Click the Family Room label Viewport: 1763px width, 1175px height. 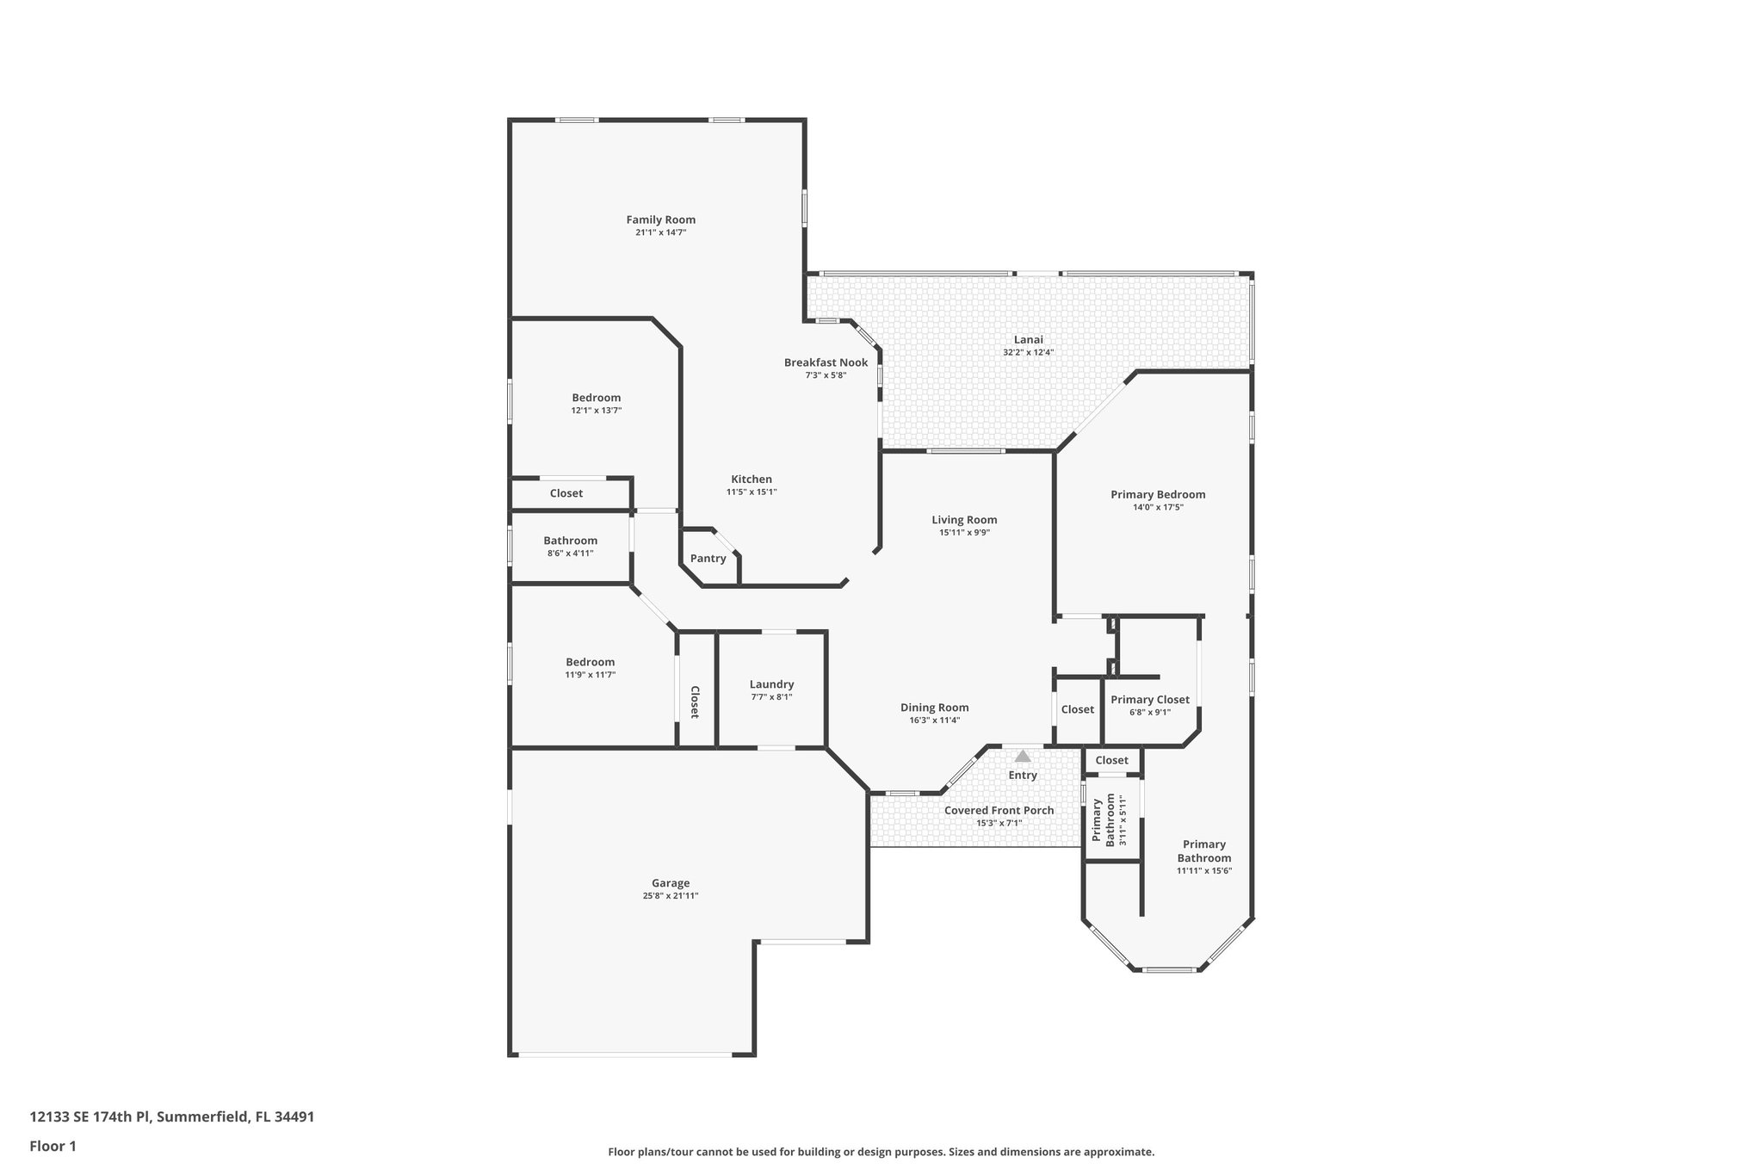[x=660, y=220]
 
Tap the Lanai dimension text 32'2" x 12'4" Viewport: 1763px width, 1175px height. [x=1028, y=353]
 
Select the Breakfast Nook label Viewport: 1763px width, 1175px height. [x=826, y=362]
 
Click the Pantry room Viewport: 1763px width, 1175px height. [x=708, y=559]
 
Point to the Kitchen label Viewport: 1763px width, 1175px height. [x=752, y=479]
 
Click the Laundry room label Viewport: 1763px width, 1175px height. [x=771, y=684]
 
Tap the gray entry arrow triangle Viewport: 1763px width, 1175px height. [x=1023, y=757]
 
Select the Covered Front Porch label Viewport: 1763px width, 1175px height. [x=999, y=810]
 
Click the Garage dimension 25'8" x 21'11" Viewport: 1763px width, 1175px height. [x=670, y=896]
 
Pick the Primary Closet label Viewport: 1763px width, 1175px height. [x=1149, y=700]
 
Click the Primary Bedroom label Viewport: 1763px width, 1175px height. [x=1157, y=494]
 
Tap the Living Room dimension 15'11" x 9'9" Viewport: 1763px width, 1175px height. [x=964, y=533]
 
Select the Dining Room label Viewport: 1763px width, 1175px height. [x=934, y=708]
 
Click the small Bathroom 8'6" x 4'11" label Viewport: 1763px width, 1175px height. [x=570, y=541]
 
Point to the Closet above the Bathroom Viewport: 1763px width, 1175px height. [x=566, y=493]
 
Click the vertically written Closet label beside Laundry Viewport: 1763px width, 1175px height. [x=695, y=702]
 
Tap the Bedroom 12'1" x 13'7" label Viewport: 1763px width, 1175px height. [x=596, y=398]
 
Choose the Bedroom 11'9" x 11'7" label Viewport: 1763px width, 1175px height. [x=590, y=662]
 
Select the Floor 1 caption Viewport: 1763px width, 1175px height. [x=53, y=1146]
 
